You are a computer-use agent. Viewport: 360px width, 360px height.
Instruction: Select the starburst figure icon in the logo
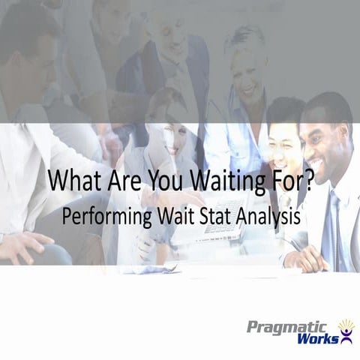[x=346, y=330]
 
